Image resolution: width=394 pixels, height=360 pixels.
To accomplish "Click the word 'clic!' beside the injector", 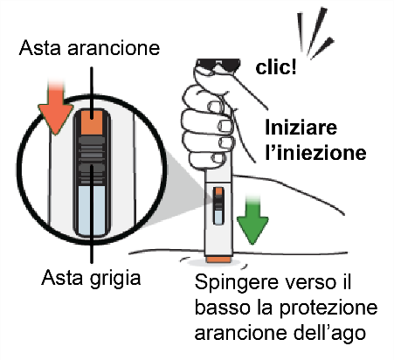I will pos(277,66).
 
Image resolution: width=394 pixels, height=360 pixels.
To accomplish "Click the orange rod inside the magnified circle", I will pos(91,125).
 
